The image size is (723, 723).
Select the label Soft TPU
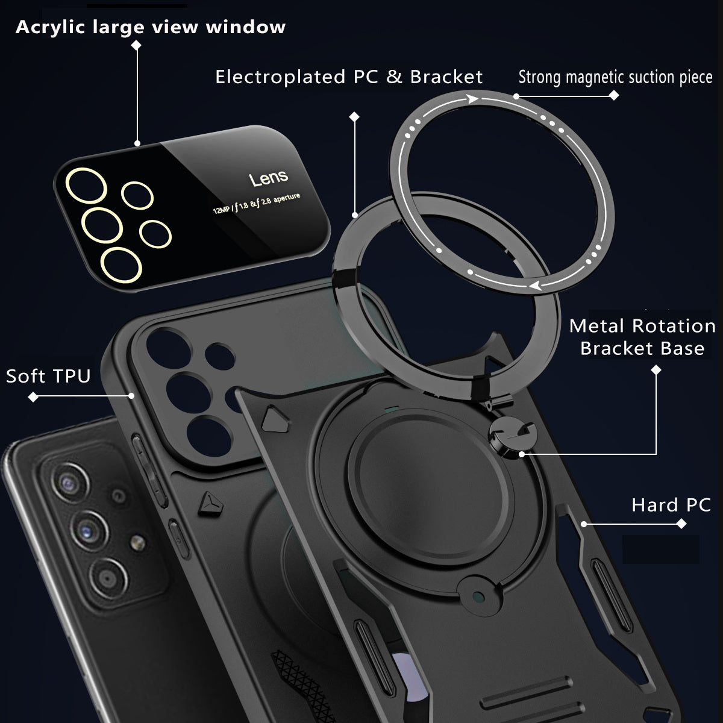(x=48, y=376)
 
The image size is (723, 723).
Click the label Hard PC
(x=671, y=505)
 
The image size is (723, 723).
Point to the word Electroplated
(x=280, y=77)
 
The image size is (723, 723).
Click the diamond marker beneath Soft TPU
(x=33, y=396)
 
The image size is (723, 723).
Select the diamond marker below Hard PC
(x=681, y=524)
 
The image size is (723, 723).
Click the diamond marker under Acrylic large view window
(x=136, y=45)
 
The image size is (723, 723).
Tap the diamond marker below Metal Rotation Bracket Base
(x=656, y=370)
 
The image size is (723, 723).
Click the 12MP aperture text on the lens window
(x=257, y=204)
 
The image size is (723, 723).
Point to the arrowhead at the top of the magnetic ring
(x=472, y=99)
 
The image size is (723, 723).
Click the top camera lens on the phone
(x=70, y=483)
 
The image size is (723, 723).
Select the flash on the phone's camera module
(x=138, y=542)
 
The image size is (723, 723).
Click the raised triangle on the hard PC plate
(x=275, y=419)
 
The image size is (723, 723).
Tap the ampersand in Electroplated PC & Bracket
(x=394, y=77)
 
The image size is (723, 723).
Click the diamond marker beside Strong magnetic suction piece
(x=614, y=95)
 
